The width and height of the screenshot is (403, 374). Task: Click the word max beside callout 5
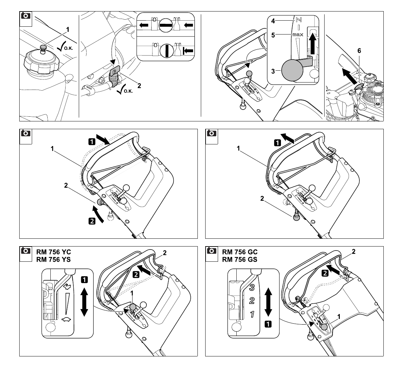[x=298, y=34]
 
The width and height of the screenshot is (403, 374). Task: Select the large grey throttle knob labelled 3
[x=292, y=70]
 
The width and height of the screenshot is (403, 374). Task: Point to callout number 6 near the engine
[x=359, y=51]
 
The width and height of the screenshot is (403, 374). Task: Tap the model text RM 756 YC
[x=53, y=252]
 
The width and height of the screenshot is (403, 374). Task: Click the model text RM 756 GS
[x=240, y=259]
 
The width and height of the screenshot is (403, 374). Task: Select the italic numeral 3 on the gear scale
[x=252, y=287]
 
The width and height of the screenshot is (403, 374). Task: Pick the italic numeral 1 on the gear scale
[x=253, y=314]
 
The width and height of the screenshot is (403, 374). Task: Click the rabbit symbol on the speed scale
[x=67, y=286]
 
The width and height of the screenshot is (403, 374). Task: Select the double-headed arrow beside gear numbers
[x=268, y=302]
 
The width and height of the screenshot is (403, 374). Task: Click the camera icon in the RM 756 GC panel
[x=212, y=251]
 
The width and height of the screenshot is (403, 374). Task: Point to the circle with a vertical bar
[x=166, y=50]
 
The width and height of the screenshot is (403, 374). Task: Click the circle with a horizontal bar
[x=165, y=25]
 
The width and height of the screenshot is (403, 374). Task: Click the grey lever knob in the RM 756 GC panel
[x=324, y=327]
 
